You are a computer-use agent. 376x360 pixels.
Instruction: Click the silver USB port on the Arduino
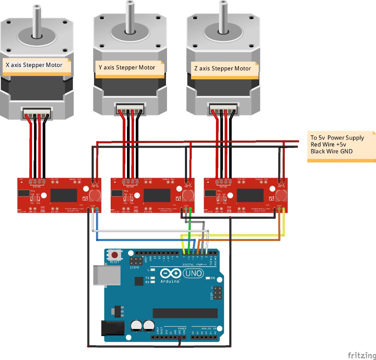(107, 275)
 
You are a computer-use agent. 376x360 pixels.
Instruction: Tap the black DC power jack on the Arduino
(112, 328)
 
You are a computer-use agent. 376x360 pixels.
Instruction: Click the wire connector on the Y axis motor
(130, 109)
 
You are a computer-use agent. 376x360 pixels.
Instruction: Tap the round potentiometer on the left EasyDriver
(95, 195)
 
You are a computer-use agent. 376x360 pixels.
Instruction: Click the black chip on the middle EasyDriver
(157, 195)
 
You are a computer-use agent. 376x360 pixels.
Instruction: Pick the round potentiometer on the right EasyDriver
(282, 195)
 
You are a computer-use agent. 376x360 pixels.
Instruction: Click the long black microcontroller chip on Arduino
(185, 313)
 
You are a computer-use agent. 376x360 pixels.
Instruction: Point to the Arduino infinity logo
(171, 274)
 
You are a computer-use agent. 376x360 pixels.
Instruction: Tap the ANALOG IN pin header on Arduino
(204, 337)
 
